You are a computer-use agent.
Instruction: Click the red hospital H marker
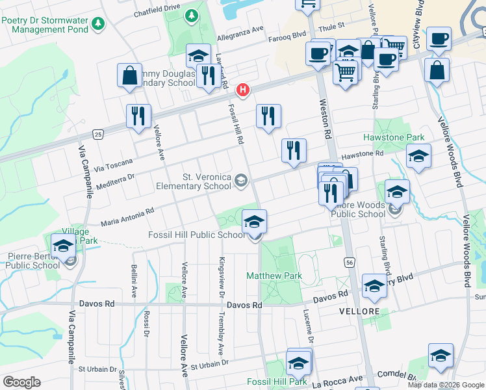tap(243, 90)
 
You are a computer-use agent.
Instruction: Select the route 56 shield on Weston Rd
tap(348, 261)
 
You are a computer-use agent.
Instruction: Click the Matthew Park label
tap(274, 276)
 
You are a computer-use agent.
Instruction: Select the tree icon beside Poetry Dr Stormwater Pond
tap(97, 23)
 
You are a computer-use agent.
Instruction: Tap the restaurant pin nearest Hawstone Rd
tap(294, 151)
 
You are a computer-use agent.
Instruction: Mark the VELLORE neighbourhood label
tap(359, 312)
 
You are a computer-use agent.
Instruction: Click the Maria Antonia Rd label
tap(127, 216)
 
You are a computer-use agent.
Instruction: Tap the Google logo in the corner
tap(21, 382)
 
